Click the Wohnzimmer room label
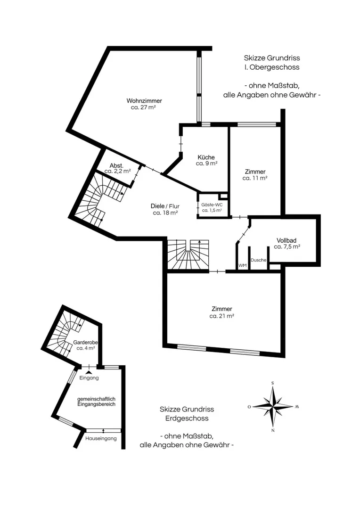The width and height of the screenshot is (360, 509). pyautogui.click(x=144, y=101)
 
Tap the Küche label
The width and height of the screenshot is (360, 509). pyautogui.click(x=206, y=157)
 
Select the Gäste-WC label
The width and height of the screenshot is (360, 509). pyautogui.click(x=212, y=205)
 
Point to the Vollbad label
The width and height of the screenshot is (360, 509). pyautogui.click(x=286, y=240)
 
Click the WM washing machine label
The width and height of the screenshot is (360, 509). pyautogui.click(x=243, y=265)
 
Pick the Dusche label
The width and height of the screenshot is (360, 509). pyautogui.click(x=258, y=260)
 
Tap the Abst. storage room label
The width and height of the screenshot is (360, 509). pyautogui.click(x=116, y=165)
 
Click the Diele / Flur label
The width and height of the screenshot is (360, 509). pyautogui.click(x=165, y=206)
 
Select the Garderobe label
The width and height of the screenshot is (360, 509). pyautogui.click(x=85, y=343)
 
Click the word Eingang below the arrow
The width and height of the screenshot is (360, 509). pyautogui.click(x=89, y=378)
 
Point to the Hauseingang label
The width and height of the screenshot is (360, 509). pyautogui.click(x=101, y=439)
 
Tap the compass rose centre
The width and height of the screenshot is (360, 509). pyautogui.click(x=273, y=406)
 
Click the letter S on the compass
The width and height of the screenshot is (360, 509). pyautogui.click(x=273, y=383)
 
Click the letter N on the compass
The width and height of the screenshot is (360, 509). pyautogui.click(x=273, y=430)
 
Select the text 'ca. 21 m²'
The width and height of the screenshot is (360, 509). pyautogui.click(x=222, y=316)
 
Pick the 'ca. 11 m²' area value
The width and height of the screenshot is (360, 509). pyautogui.click(x=255, y=178)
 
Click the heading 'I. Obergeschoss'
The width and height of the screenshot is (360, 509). pyautogui.click(x=272, y=67)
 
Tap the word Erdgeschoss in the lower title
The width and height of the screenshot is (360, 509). pyautogui.click(x=187, y=419)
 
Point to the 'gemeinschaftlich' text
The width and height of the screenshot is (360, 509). pyautogui.click(x=96, y=399)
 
